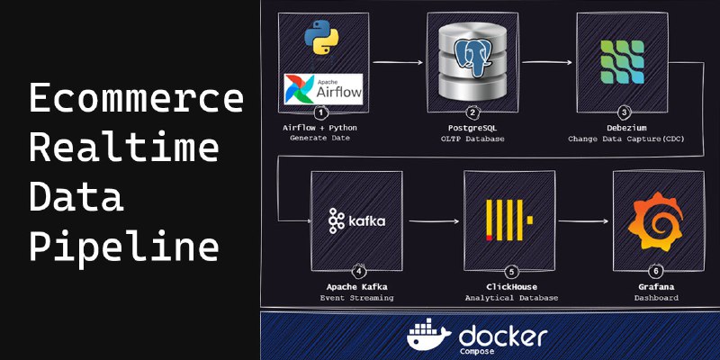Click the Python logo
pos(321,37)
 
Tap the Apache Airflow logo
pos(323,89)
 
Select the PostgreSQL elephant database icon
pos(472,60)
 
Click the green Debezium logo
pos(622,62)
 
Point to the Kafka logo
pos(356,220)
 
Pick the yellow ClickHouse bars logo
pos(509,220)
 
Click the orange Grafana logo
pos(658,221)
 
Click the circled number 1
pos(321,112)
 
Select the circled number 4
pos(358,272)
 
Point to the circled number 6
pos(656,272)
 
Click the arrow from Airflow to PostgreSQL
pos(398,61)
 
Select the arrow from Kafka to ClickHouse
pos(434,221)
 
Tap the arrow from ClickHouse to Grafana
pos(583,221)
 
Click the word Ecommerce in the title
pos(137,98)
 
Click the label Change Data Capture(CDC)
pos(625,139)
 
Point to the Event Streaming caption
pos(356,298)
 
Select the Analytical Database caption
pos(511,298)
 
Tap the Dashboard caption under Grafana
pos(656,298)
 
